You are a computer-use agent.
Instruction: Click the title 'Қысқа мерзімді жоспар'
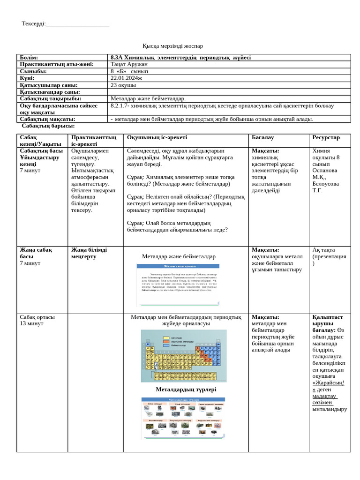point(172,45)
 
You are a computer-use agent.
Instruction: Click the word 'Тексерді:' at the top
point(34,24)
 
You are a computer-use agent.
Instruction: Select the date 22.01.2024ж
point(126,78)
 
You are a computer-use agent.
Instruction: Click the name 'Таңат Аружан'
point(129,64)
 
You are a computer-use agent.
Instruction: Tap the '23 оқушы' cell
point(123,85)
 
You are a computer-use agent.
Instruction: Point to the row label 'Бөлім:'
point(29,57)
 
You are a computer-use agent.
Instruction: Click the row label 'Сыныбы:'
point(33,71)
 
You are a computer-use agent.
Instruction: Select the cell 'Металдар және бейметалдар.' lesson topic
point(148,98)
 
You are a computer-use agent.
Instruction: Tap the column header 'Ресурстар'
point(326,137)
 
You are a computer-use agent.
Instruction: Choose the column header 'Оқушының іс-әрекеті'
point(157,137)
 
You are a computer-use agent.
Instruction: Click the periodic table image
point(183,356)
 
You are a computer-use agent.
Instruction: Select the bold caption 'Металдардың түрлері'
point(186,389)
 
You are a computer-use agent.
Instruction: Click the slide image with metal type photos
point(183,418)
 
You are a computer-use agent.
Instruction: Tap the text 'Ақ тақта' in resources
point(323,250)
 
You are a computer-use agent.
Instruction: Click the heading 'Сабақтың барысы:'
point(48,126)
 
